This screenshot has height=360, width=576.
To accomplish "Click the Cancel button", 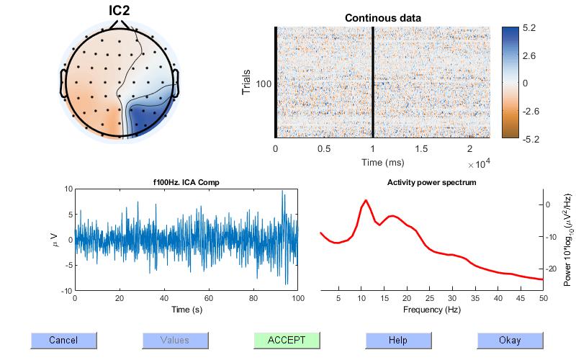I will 63,341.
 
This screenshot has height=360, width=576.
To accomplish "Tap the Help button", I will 397,341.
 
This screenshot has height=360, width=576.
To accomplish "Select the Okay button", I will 509,341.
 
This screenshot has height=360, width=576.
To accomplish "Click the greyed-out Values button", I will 175,341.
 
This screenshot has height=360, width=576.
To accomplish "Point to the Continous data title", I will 383,17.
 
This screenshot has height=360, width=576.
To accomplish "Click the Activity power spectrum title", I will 431,183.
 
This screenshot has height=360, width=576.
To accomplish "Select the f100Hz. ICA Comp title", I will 185,183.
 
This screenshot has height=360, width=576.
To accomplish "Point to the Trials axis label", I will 246,83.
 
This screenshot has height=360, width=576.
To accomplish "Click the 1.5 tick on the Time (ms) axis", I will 421,149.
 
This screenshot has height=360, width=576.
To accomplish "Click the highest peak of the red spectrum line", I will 366,200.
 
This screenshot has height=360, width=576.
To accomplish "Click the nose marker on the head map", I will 119,25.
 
